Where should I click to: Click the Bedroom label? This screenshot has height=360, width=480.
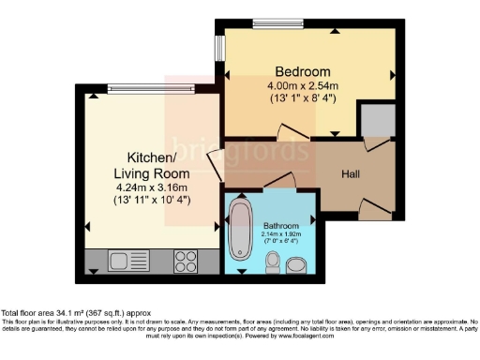pos(302,72)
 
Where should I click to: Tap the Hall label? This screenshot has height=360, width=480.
pos(351,174)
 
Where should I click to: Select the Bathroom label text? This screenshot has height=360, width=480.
pos(280,226)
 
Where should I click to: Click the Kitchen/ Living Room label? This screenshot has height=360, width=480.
pos(151,166)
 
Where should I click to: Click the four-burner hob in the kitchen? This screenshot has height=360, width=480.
pos(184,260)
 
